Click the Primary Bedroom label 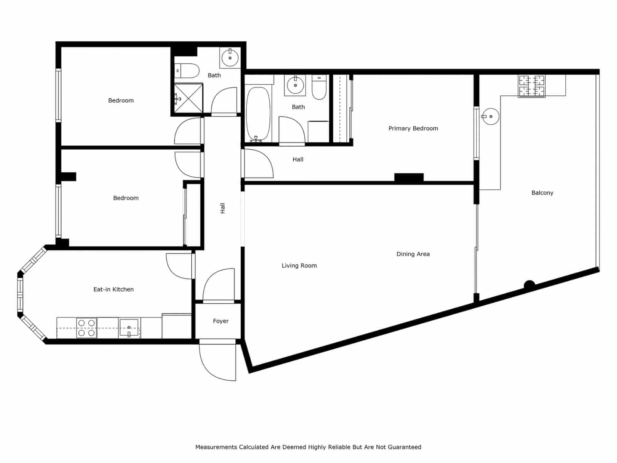pyautogui.click(x=413, y=128)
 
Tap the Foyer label pyautogui.click(x=221, y=321)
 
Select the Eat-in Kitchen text pyautogui.click(x=113, y=289)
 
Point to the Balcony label pyautogui.click(x=542, y=193)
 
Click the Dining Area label pyautogui.click(x=413, y=254)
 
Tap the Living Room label pyautogui.click(x=299, y=265)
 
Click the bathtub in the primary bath pyautogui.click(x=258, y=114)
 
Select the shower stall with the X pyautogui.click(x=188, y=98)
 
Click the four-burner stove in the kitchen pyautogui.click(x=86, y=328)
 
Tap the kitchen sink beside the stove pyautogui.click(x=129, y=328)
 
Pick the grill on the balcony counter pyautogui.click(x=532, y=86)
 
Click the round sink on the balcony pyautogui.click(x=491, y=116)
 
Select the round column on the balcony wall pyautogui.click(x=529, y=285)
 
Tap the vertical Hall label pyautogui.click(x=223, y=208)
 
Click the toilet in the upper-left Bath pyautogui.click(x=187, y=71)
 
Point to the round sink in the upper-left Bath pyautogui.click(x=230, y=58)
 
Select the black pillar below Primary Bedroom pyautogui.click(x=409, y=177)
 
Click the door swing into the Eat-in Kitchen pyautogui.click(x=179, y=266)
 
